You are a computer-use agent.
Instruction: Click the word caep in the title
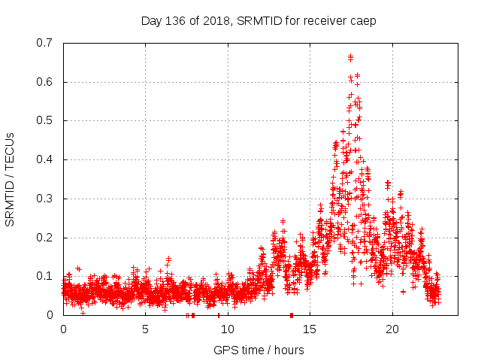click(x=363, y=21)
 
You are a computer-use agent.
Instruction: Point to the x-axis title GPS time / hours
click(x=259, y=350)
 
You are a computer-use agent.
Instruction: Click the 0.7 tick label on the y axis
click(x=47, y=43)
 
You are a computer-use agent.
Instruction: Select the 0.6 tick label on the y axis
click(x=47, y=82)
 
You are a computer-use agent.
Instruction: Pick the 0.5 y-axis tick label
click(x=47, y=120)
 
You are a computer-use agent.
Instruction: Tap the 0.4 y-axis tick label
click(x=47, y=159)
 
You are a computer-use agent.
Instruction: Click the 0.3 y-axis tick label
click(x=47, y=199)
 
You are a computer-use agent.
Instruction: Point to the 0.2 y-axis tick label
click(x=47, y=238)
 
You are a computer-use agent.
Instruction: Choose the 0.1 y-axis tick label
click(x=47, y=276)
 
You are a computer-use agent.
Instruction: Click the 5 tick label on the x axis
click(x=145, y=329)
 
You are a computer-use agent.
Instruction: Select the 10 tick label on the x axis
click(x=228, y=329)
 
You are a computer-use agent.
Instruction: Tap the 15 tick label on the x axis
click(x=310, y=329)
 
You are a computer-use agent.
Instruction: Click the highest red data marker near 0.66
click(x=350, y=56)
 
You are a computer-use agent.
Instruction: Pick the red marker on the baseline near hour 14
click(x=291, y=314)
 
